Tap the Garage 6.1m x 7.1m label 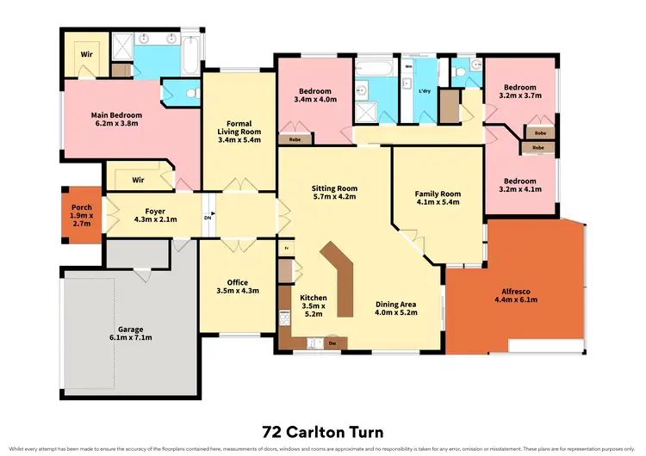pyautogui.click(x=131, y=334)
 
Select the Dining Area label pyautogui.click(x=396, y=308)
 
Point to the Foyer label pyautogui.click(x=155, y=214)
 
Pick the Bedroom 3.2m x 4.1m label pyautogui.click(x=519, y=184)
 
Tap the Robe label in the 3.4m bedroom pyautogui.click(x=295, y=138)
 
